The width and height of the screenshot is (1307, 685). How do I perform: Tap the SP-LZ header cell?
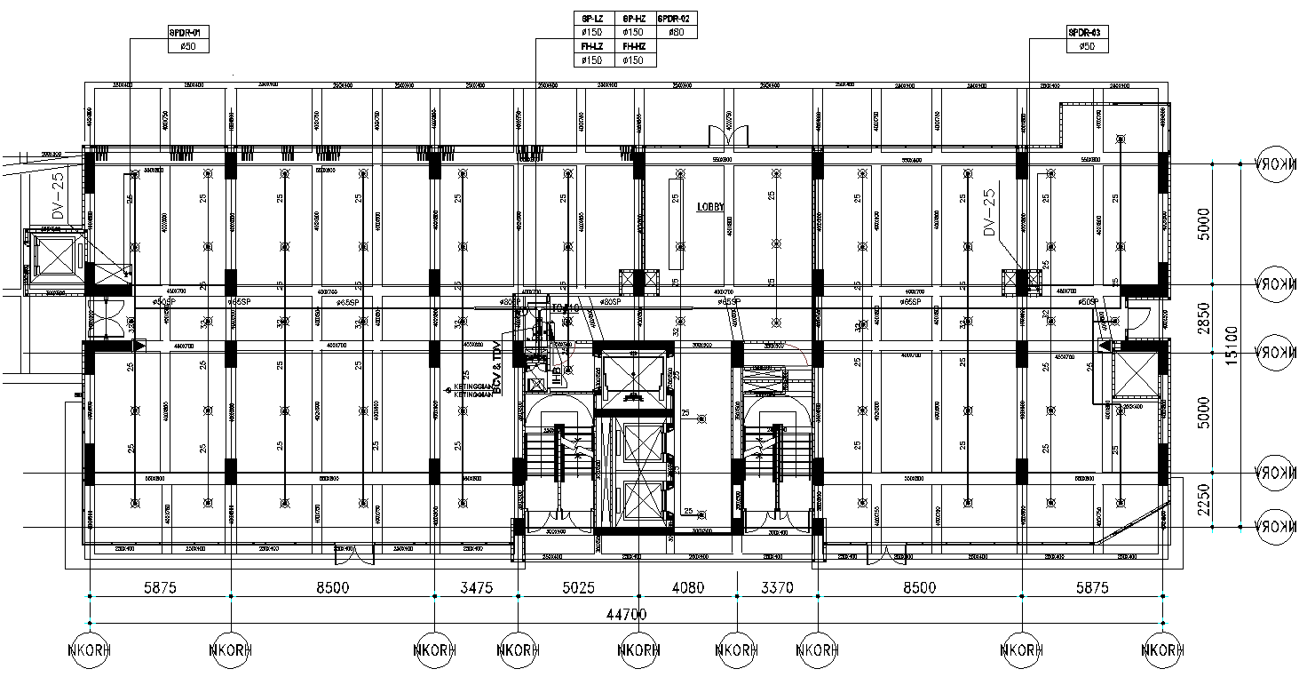tap(592, 18)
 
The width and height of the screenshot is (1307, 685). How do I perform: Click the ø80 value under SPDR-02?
tap(677, 32)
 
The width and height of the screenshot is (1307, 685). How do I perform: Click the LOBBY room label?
tap(710, 207)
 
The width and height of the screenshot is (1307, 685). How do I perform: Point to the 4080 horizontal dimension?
tap(688, 587)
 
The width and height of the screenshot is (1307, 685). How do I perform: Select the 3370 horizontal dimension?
tap(775, 587)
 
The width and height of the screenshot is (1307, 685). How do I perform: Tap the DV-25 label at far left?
tap(59, 196)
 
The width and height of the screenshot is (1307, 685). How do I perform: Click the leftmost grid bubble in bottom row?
tap(89, 649)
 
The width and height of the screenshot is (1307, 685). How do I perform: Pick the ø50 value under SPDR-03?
tap(1088, 46)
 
